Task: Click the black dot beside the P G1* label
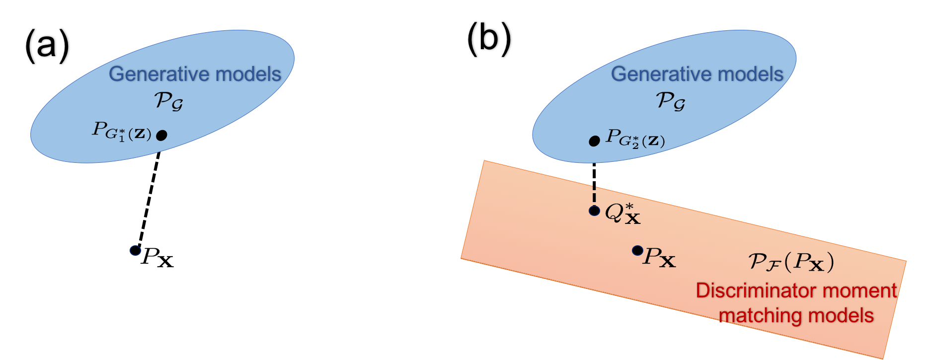[161, 135]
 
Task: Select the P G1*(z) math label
[122, 132]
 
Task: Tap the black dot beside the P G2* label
[594, 142]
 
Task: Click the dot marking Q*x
[594, 211]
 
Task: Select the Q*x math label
[622, 214]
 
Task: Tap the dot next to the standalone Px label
[637, 251]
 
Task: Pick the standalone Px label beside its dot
[659, 257]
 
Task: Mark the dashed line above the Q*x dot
[594, 194]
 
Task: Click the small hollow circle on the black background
[135, 250]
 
